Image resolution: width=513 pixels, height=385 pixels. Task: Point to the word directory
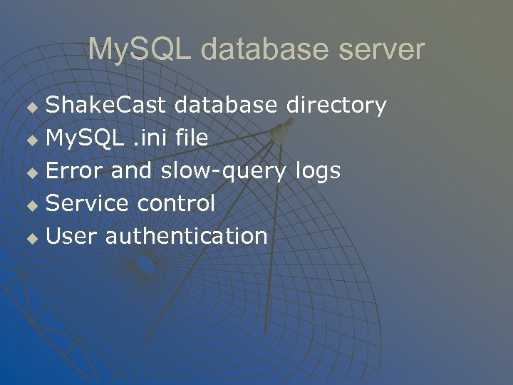(336, 106)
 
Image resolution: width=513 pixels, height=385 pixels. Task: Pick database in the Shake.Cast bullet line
(225, 106)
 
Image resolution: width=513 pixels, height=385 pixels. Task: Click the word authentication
(187, 236)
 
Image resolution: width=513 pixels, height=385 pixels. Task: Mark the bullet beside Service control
(31, 205)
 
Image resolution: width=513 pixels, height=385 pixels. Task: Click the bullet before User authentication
(31, 238)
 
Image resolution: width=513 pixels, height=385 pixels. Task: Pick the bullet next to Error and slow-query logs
(31, 173)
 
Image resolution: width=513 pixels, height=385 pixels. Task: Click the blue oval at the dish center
(145, 265)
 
